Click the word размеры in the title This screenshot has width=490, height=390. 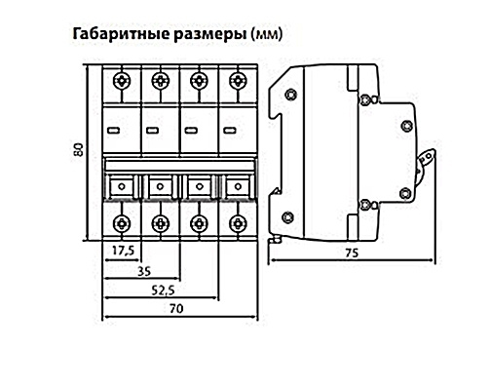pyautogui.click(x=210, y=35)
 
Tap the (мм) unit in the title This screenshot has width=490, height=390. pyautogui.click(x=267, y=34)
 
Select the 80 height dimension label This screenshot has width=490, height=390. pyautogui.click(x=80, y=149)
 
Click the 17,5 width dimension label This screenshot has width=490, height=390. pyautogui.click(x=123, y=251)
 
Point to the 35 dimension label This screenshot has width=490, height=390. pyautogui.click(x=144, y=271)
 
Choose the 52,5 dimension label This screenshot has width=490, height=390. pyautogui.click(x=164, y=290)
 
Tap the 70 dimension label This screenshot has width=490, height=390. pyautogui.click(x=176, y=308)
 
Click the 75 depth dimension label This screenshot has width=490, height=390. pyautogui.click(x=352, y=253)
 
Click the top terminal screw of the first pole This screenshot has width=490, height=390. pyautogui.click(x=122, y=80)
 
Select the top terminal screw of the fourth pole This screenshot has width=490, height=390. pyautogui.click(x=238, y=80)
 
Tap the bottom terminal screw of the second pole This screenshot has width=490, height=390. pyautogui.click(x=160, y=223)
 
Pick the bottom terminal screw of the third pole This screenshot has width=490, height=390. pyautogui.click(x=198, y=223)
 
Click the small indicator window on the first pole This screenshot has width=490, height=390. pyautogui.click(x=113, y=131)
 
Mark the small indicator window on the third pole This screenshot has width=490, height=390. pyautogui.click(x=191, y=131)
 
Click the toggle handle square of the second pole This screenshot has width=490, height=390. pyautogui.click(x=160, y=186)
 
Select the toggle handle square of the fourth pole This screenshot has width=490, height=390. pyautogui.click(x=238, y=186)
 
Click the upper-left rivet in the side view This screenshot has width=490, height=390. pyautogui.click(x=290, y=95)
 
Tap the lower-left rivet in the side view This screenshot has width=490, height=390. pyautogui.click(x=287, y=216)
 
